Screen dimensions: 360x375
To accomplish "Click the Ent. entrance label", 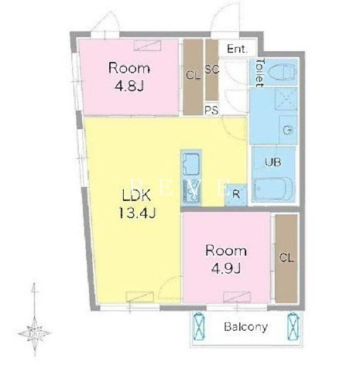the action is pyautogui.click(x=237, y=49).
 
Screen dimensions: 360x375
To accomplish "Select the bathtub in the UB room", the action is pyautogui.click(x=273, y=189).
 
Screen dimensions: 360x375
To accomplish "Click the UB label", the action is pyautogui.click(x=273, y=162).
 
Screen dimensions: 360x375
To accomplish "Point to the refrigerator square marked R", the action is pyautogui.click(x=236, y=195).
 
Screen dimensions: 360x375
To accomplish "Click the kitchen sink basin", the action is pyautogui.click(x=191, y=164).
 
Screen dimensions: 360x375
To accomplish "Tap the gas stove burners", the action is pyautogui.click(x=191, y=191).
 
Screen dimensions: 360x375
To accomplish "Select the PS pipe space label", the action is pyautogui.click(x=211, y=110).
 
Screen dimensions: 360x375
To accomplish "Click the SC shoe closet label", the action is pyautogui.click(x=212, y=70).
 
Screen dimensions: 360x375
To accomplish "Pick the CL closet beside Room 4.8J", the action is pyautogui.click(x=193, y=77).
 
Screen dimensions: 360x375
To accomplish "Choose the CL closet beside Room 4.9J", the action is pyautogui.click(x=286, y=258).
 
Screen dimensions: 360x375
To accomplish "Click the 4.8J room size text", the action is pyautogui.click(x=129, y=87).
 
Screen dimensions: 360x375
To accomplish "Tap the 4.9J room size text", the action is pyautogui.click(x=226, y=269).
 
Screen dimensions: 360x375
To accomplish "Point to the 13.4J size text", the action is pyautogui.click(x=137, y=213).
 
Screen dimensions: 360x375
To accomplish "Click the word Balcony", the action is pyautogui.click(x=245, y=327).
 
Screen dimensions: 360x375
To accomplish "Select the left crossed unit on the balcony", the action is pyautogui.click(x=200, y=326).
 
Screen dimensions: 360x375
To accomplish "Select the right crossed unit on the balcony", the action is pyautogui.click(x=293, y=326).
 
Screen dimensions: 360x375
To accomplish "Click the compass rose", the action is pyautogui.click(x=35, y=332).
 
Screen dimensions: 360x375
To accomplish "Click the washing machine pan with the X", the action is pyautogui.click(x=286, y=99).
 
